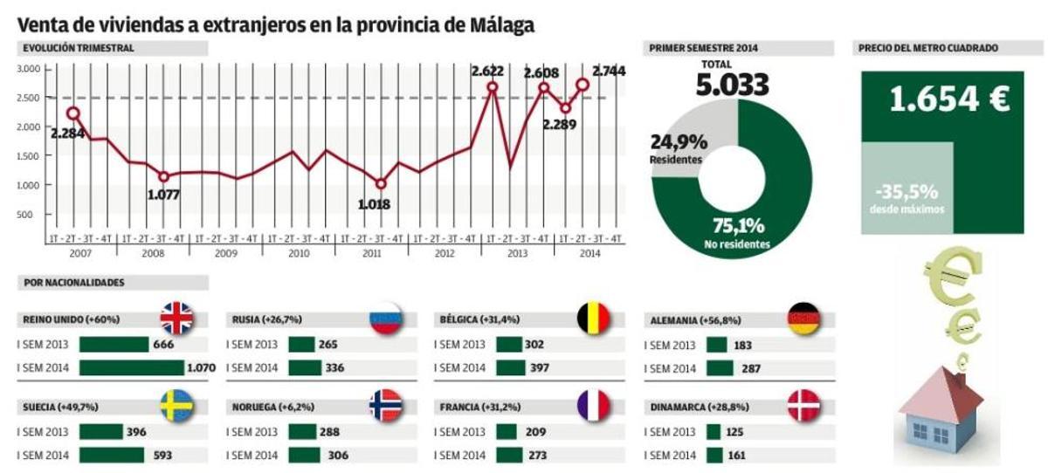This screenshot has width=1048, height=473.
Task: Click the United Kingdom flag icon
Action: [x=176, y=319]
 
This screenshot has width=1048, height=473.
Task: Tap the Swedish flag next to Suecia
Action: [x=176, y=406]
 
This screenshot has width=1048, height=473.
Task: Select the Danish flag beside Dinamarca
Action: [x=803, y=406]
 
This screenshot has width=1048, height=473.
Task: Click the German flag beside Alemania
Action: [x=803, y=319]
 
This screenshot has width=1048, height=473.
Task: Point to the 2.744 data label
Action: [x=609, y=71]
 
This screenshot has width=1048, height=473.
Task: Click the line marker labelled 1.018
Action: [x=380, y=184]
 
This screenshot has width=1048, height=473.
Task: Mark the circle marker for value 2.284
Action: [x=73, y=113]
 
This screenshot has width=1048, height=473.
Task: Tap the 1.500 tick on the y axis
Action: [x=30, y=155]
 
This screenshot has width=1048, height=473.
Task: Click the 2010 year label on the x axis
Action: [x=299, y=254]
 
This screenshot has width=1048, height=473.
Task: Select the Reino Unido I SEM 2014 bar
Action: [x=132, y=368]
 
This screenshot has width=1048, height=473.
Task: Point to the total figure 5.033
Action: [x=732, y=86]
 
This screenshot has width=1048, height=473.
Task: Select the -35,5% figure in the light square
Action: [x=909, y=190]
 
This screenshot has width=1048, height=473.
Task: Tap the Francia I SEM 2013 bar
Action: [x=507, y=432]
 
